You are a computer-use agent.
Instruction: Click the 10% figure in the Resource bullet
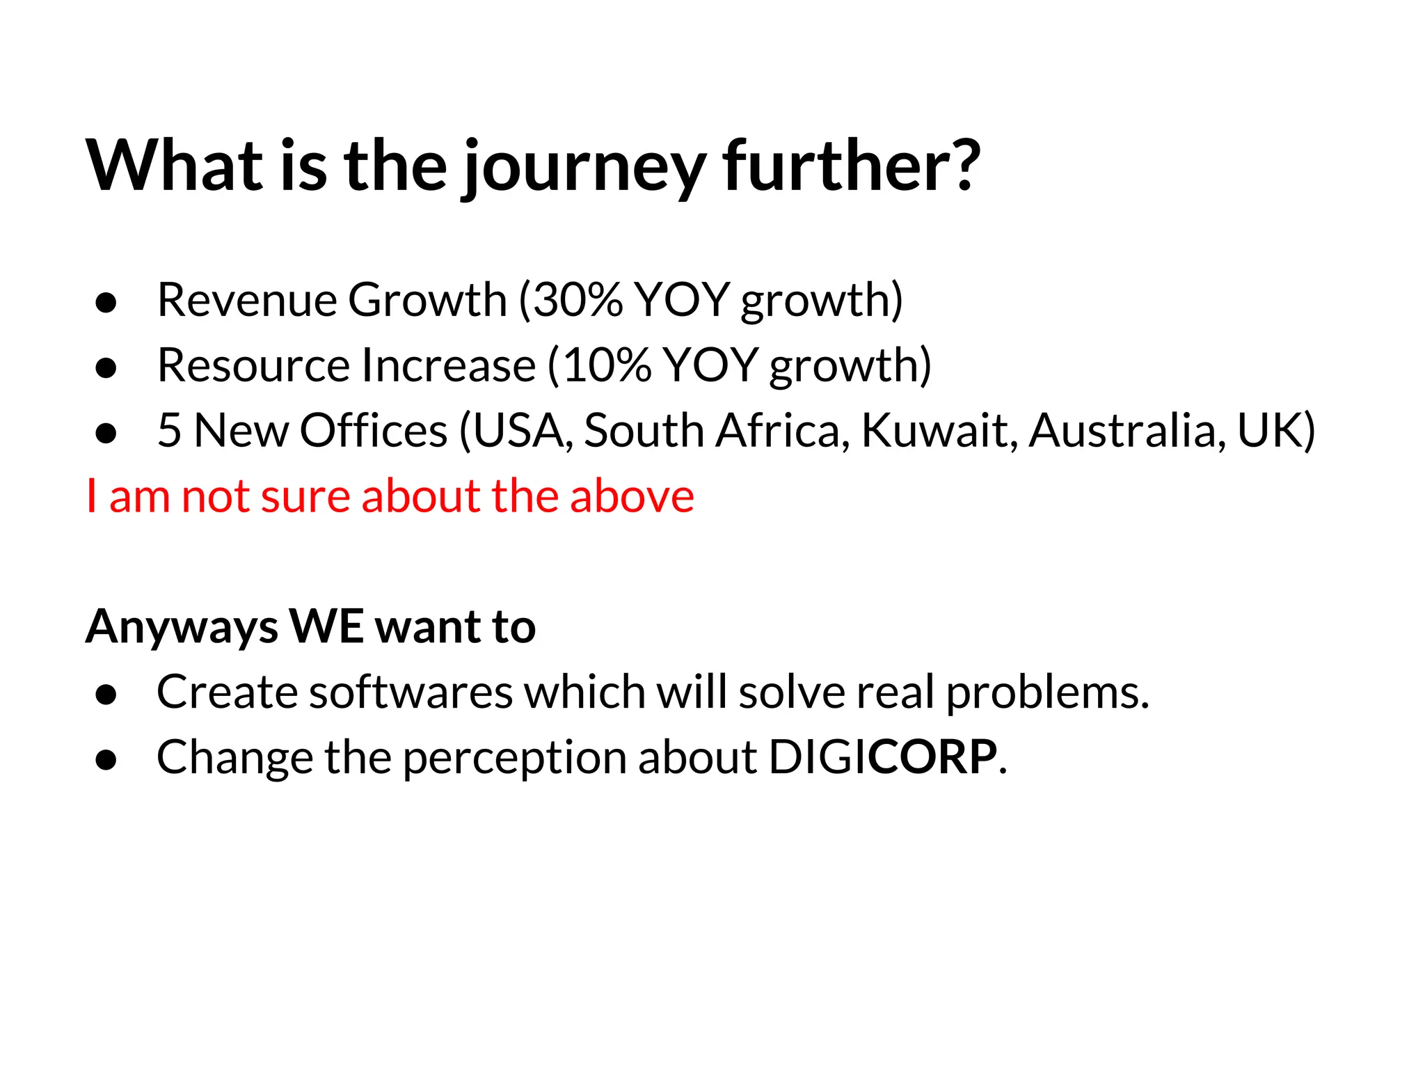click(606, 365)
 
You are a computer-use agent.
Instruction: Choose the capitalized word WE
click(326, 626)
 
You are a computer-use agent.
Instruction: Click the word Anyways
click(182, 626)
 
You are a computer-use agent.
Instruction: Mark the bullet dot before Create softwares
click(106, 695)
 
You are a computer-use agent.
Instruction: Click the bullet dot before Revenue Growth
click(106, 303)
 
